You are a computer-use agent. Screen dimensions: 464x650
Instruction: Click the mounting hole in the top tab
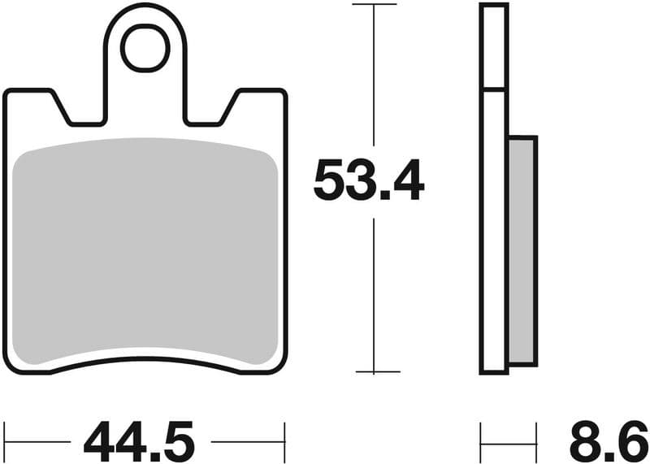point(145,48)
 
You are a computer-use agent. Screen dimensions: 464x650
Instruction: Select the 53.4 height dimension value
point(369,181)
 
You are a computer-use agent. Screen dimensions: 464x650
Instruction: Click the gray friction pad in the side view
point(522,250)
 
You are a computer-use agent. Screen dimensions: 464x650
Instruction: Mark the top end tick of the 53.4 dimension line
point(374,5)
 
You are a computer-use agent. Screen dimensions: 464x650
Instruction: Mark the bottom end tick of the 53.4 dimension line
point(374,372)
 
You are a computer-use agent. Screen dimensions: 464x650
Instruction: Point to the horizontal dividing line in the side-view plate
point(494,89)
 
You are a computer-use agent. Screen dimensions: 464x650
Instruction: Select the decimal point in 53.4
point(379,197)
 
